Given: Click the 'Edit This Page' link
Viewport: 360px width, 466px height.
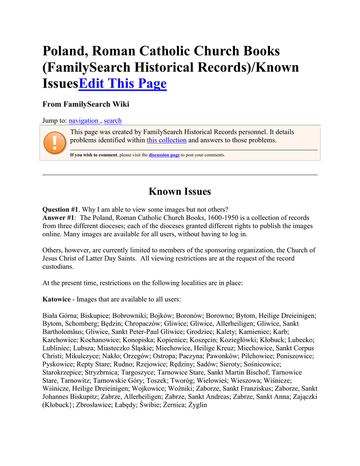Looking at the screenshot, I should pyautogui.click(x=123, y=84).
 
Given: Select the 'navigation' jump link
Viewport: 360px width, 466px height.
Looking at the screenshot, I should pyautogui.click(x=83, y=121).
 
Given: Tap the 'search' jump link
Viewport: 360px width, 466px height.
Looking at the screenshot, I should pyautogui.click(x=112, y=121).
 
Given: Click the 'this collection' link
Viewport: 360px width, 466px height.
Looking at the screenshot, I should pyautogui.click(x=167, y=140).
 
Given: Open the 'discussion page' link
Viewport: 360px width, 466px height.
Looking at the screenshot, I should pyautogui.click(x=164, y=155).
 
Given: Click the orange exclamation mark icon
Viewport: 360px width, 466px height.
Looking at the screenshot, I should pyautogui.click(x=55, y=142).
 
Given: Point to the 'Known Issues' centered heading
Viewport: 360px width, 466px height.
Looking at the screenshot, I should pyautogui.click(x=180, y=192).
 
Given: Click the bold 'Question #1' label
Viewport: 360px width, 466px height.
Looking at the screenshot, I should pyautogui.click(x=61, y=210).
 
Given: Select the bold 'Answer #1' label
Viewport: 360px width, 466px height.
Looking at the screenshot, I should pyautogui.click(x=58, y=218).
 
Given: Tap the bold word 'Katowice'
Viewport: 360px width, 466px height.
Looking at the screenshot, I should pyautogui.click(x=56, y=299).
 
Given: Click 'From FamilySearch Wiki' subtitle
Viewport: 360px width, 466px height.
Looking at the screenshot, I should pyautogui.click(x=86, y=104).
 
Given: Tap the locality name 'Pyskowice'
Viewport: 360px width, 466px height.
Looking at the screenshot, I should pyautogui.click(x=58, y=364).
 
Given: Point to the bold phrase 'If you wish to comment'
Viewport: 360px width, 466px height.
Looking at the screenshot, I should pyautogui.click(x=93, y=155).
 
